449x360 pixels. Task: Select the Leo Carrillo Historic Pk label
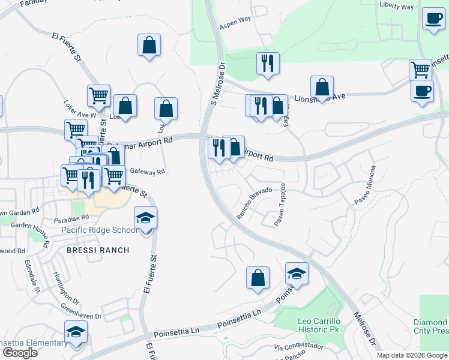pos(322,325)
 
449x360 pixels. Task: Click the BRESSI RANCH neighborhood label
pos(90,249)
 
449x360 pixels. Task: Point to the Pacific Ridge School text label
pos(100,230)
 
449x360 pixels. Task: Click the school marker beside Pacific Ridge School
pos(145,218)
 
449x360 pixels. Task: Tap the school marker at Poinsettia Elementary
pos(76,332)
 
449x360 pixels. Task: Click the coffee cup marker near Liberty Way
pos(433,19)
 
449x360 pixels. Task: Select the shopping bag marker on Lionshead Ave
pos(322,87)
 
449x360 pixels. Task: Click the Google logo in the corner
pos(19,353)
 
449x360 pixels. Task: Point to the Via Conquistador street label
pos(298,347)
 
